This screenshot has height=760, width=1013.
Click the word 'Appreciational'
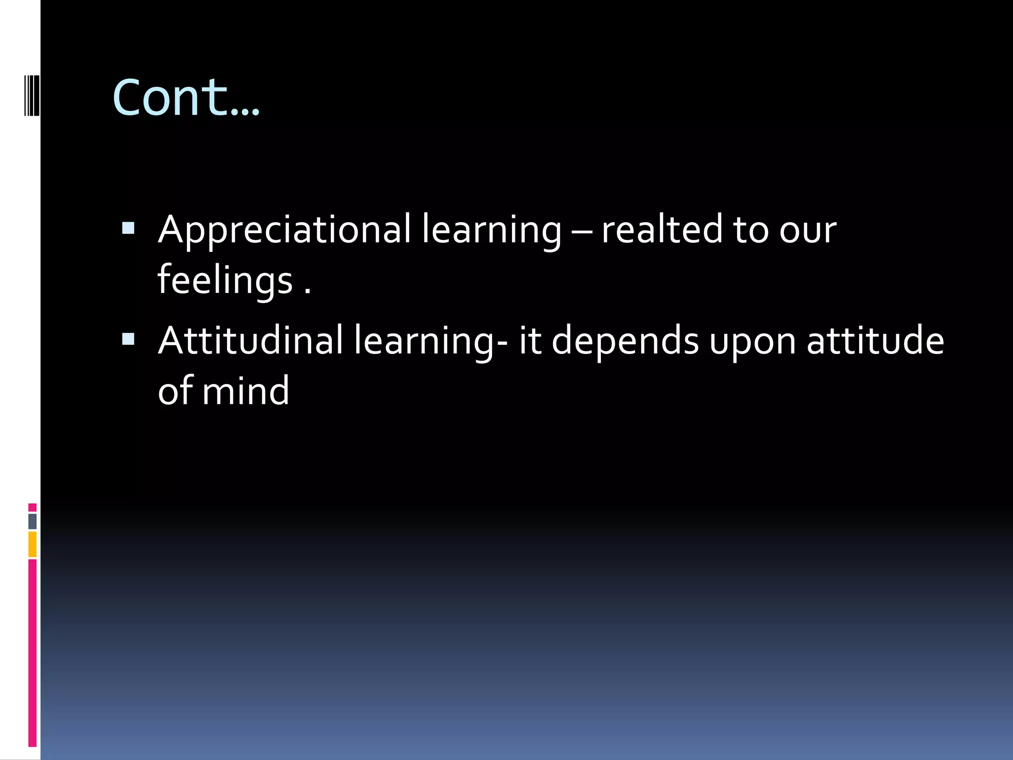pyautogui.click(x=284, y=230)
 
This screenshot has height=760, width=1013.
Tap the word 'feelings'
pyautogui.click(x=225, y=280)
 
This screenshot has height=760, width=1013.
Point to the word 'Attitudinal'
pyautogui.click(x=250, y=341)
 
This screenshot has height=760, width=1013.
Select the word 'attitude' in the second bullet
pyautogui.click(x=875, y=341)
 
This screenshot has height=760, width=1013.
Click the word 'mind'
pyautogui.click(x=245, y=391)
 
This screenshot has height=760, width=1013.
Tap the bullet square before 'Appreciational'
pyautogui.click(x=128, y=228)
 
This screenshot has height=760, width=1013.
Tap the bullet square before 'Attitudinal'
pyautogui.click(x=128, y=339)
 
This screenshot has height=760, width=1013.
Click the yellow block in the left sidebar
pyautogui.click(x=33, y=544)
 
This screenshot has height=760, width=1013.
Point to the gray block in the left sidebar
pyautogui.click(x=33, y=522)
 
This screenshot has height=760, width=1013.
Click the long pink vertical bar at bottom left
pyautogui.click(x=33, y=653)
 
